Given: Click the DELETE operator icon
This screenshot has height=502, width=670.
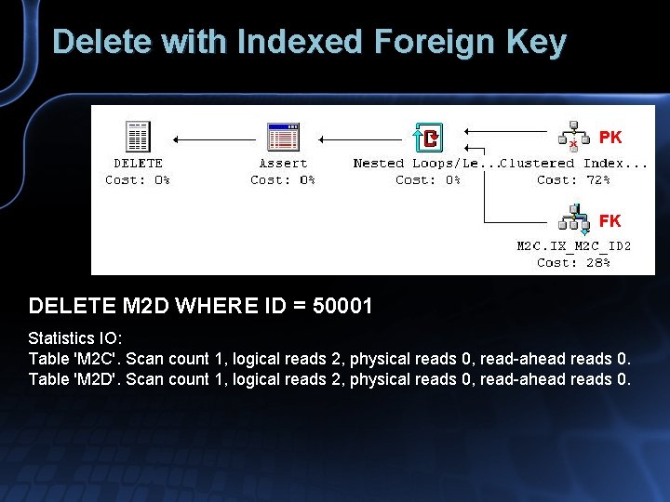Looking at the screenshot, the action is coord(138,139).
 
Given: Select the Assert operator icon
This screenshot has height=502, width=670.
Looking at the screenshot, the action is coord(282,139).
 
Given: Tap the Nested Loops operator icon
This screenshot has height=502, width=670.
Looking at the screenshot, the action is coord(427,139).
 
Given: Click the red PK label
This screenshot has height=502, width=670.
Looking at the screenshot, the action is coord(610,138).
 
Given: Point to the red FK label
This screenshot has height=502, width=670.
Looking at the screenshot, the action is coord(610,221).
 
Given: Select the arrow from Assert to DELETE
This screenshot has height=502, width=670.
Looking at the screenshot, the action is coord(214,139).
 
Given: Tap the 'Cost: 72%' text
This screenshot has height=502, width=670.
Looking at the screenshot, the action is coord(573,180).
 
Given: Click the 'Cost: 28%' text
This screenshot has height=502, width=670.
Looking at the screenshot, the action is coord(573,263).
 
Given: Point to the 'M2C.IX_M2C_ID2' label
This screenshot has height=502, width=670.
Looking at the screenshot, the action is coord(574,246).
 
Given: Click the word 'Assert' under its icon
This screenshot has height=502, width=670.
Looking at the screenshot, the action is coord(282,164).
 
